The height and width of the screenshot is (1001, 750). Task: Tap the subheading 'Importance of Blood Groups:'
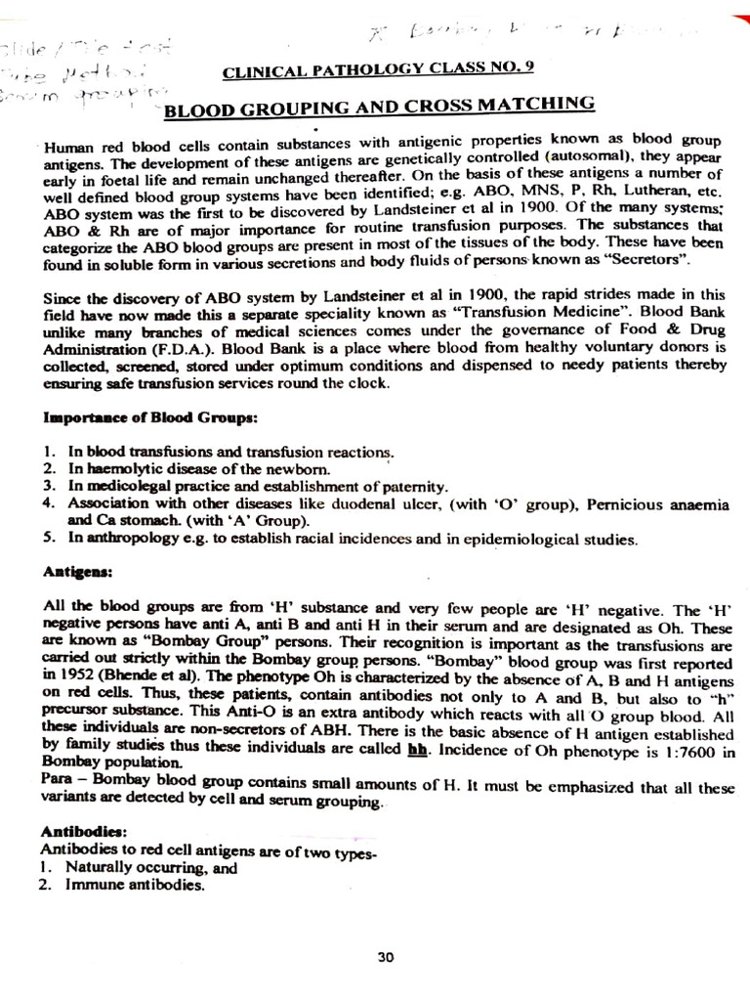click(x=150, y=417)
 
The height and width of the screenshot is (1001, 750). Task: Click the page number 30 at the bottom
click(x=385, y=958)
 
